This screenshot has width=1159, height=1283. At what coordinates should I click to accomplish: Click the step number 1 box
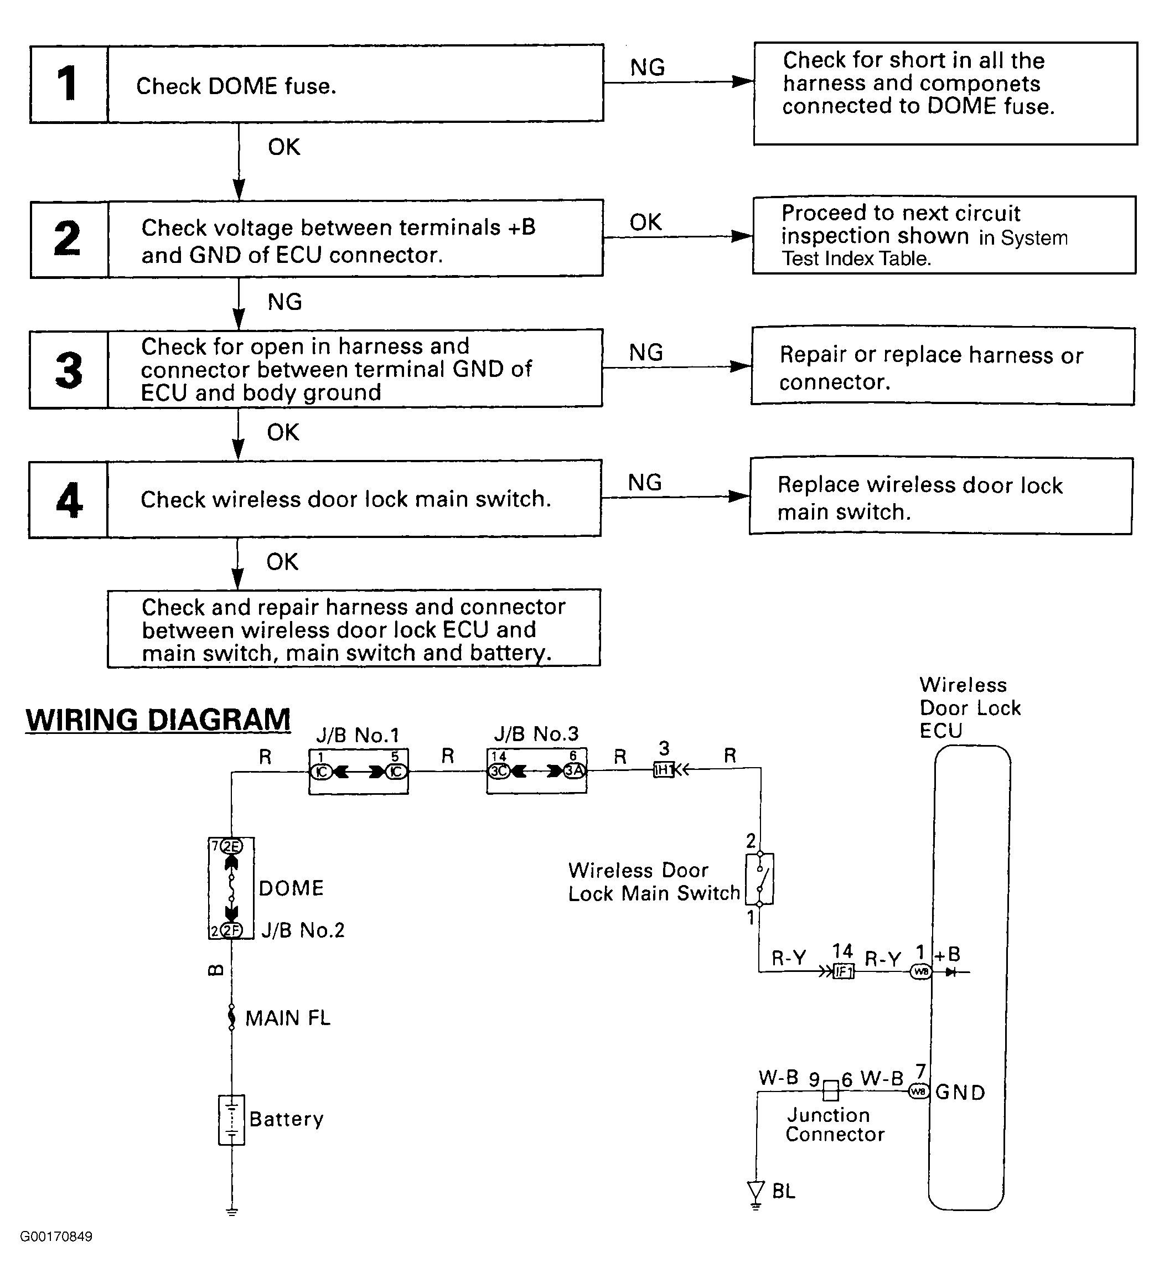[x=69, y=84]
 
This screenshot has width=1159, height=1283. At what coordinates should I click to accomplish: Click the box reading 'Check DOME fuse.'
[x=355, y=84]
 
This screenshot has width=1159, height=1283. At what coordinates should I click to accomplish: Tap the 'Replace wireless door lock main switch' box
[x=941, y=497]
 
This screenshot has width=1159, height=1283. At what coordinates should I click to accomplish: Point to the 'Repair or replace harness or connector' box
[x=943, y=366]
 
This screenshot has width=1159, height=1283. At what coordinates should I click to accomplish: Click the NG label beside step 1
[x=647, y=68]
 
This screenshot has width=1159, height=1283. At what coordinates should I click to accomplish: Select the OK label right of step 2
[x=645, y=223]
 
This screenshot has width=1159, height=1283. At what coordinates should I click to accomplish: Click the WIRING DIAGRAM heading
[x=158, y=720]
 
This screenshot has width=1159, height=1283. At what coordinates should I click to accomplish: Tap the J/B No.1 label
[x=358, y=735]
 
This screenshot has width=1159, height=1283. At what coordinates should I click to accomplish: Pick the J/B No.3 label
[x=536, y=734]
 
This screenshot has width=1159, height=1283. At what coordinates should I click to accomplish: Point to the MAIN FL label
[x=288, y=1018]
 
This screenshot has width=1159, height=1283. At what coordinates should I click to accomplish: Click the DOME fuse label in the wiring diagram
[x=291, y=888]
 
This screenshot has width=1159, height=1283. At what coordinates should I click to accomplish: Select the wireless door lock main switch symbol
[x=760, y=879]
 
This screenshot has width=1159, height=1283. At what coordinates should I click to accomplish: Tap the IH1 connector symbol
[x=664, y=770]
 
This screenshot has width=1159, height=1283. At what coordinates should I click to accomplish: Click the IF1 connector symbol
[x=844, y=971]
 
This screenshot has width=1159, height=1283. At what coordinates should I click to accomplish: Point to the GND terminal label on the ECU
[x=960, y=1092]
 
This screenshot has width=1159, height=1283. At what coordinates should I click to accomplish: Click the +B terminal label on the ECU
[x=947, y=954]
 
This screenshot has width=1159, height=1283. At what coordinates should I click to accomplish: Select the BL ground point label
[x=784, y=1191]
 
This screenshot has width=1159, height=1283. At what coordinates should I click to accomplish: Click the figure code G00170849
[x=56, y=1237]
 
